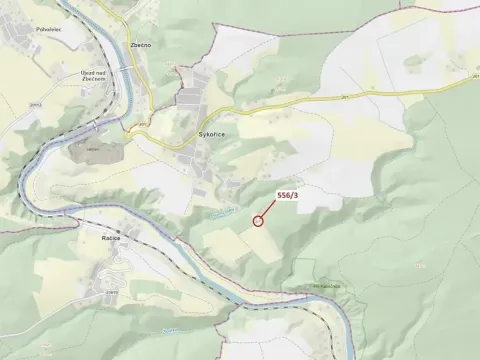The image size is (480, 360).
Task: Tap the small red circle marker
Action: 259,221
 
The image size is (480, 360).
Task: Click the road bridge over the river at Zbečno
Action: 123,66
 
